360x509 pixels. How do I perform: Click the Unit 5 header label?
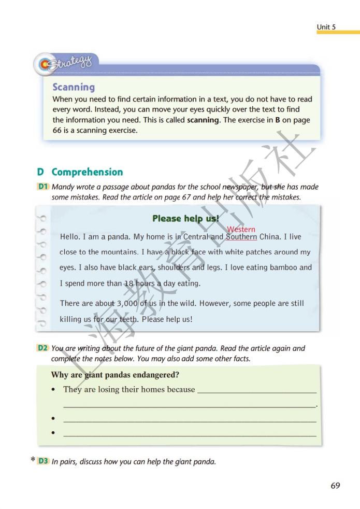(326, 27)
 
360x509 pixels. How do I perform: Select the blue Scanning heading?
(74, 87)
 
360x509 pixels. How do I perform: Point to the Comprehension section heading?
(87, 172)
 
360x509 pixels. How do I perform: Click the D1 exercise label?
(43, 187)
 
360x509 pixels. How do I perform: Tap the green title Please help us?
(185, 218)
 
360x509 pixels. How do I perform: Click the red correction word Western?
(241, 229)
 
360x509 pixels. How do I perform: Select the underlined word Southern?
(241, 237)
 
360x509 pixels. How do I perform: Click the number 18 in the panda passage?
(129, 284)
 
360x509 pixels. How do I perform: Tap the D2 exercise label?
(43, 348)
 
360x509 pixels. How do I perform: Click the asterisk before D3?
(33, 460)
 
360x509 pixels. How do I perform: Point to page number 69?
(335, 486)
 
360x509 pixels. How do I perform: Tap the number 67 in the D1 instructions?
(186, 197)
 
